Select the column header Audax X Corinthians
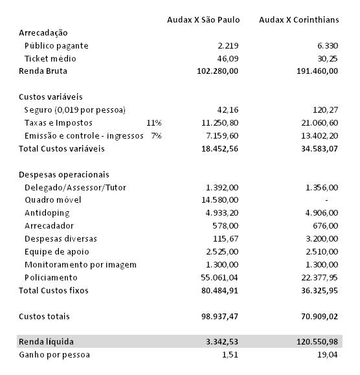point(298,20)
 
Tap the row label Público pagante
point(56,46)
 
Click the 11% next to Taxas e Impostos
point(153,123)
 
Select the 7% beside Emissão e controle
point(155,136)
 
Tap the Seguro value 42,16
point(227,110)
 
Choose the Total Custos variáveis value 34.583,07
point(315,149)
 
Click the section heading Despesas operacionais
point(64,175)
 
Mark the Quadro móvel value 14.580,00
point(220,200)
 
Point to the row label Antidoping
point(47,213)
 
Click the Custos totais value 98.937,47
point(218,317)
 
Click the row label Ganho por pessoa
point(54,355)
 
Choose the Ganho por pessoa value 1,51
point(231,355)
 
